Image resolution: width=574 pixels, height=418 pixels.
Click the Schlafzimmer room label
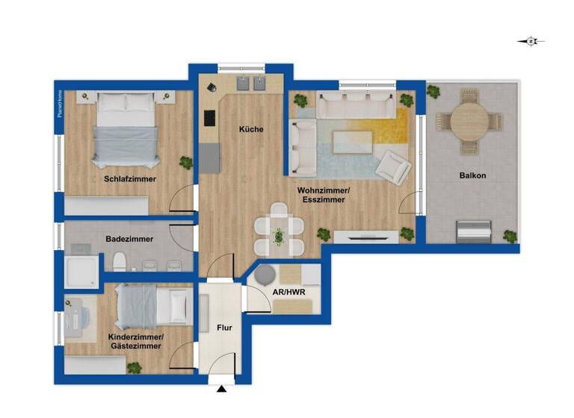click(131, 179)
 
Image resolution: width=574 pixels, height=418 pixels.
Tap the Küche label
click(251, 129)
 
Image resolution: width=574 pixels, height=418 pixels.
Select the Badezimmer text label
click(130, 239)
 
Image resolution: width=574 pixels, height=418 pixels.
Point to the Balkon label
click(473, 175)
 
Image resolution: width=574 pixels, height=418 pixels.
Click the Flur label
click(225, 326)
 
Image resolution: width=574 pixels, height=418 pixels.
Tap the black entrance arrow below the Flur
click(221, 389)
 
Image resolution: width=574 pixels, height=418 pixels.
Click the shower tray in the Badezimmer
click(81, 272)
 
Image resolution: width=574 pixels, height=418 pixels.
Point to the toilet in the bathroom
click(120, 262)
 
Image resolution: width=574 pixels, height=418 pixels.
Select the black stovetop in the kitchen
click(209, 119)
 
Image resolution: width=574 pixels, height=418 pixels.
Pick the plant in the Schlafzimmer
click(185, 161)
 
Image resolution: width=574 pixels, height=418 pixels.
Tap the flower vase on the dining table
click(280, 237)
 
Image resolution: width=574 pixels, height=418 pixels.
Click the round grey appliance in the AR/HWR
click(265, 275)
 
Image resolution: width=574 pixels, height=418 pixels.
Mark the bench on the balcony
click(475, 231)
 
